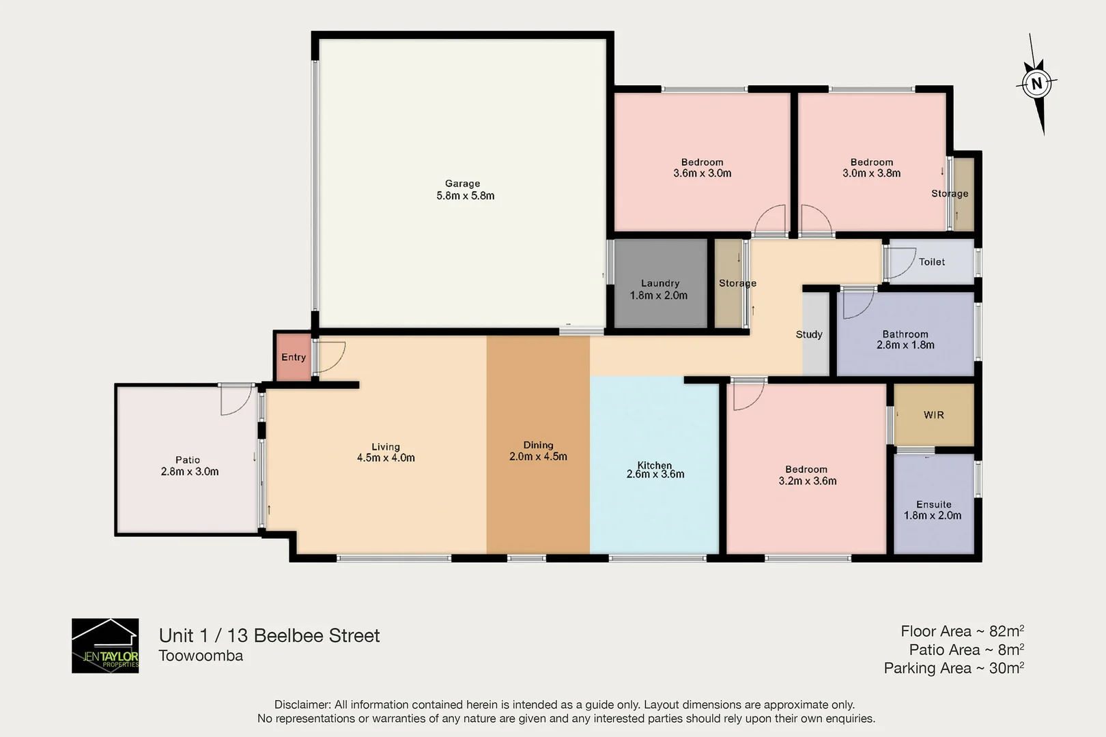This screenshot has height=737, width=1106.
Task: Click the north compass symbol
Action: (1037, 85)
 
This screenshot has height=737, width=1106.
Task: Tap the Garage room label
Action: (462, 184)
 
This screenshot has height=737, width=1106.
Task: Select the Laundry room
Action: (660, 284)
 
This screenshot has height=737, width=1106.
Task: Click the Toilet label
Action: (931, 262)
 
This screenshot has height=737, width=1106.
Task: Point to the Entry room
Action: (293, 357)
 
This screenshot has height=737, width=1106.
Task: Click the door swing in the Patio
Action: (236, 400)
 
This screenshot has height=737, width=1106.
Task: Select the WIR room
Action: (933, 415)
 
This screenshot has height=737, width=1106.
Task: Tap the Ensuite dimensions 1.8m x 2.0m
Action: (932, 516)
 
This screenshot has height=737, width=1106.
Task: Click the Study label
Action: (808, 334)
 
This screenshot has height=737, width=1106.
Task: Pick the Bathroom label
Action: (905, 334)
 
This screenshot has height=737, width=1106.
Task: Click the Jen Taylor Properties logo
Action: (105, 646)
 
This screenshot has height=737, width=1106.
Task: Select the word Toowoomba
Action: (201, 656)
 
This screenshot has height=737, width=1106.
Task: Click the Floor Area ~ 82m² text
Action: (961, 631)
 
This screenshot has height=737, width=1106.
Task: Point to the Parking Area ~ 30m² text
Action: (953, 668)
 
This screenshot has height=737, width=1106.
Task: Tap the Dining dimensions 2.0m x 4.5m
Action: (538, 457)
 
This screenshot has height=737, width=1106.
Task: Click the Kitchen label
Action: (654, 465)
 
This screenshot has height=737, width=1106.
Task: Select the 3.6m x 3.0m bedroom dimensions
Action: (702, 173)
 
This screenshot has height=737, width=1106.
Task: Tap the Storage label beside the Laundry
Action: (737, 283)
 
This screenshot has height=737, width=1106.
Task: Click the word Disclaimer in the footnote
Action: (302, 705)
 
